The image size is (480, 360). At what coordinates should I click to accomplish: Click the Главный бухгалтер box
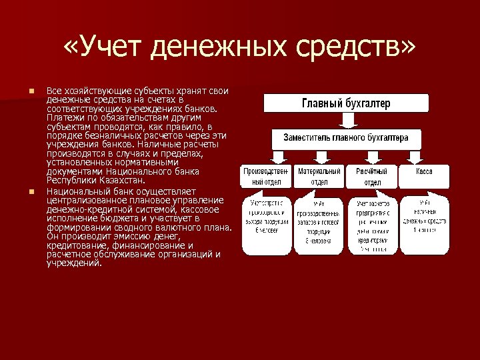[346, 103]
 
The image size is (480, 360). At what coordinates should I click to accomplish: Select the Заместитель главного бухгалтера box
[346, 138]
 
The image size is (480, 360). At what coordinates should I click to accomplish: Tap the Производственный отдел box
[266, 177]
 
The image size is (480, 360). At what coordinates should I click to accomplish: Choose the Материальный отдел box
[319, 177]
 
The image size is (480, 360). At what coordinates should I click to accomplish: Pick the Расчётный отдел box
[372, 177]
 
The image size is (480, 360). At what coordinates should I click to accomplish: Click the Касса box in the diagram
[424, 172]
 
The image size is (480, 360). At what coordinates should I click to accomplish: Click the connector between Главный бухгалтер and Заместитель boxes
[346, 121]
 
